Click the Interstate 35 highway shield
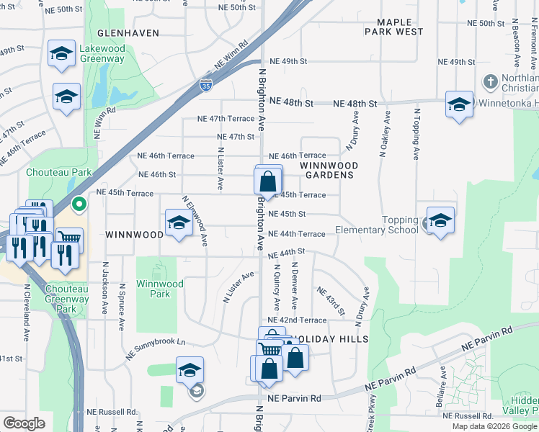tap(206, 85)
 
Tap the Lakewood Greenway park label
tap(102, 54)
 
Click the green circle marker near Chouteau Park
tap(81, 204)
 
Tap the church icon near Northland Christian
tap(491, 80)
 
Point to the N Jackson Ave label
tap(105, 286)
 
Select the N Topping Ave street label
tap(416, 135)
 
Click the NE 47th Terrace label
tap(226, 118)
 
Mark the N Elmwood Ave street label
tap(195, 222)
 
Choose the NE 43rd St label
tap(331, 301)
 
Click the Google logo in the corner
tap(24, 423)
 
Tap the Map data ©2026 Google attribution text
tap(494, 426)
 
